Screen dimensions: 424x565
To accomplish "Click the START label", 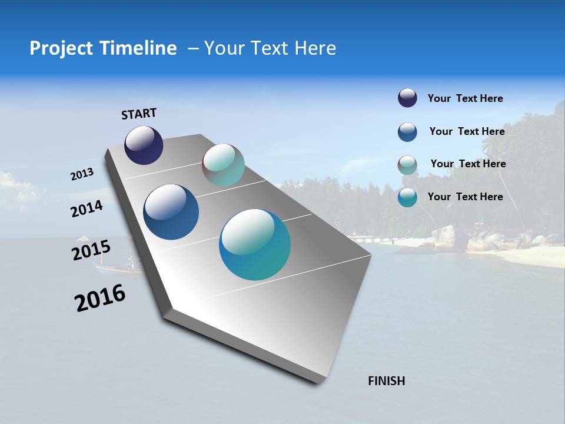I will click(139, 114).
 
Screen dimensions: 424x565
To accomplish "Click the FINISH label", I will click(386, 381).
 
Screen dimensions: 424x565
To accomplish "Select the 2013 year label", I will click(82, 174).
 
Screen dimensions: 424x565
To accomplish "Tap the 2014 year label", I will click(87, 208).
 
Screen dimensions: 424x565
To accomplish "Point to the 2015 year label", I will click(91, 250).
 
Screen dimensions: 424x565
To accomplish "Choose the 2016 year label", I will click(100, 298).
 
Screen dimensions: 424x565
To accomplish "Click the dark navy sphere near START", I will click(144, 145).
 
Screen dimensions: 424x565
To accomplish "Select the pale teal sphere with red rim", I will click(223, 165).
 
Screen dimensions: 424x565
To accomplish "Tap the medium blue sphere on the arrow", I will click(171, 212).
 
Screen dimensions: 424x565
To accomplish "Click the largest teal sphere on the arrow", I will click(255, 244).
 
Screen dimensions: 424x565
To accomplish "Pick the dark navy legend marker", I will click(407, 98).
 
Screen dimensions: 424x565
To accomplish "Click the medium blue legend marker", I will click(407, 132).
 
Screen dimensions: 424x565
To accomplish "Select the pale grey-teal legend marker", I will click(407, 165).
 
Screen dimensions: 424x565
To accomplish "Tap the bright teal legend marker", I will click(407, 197).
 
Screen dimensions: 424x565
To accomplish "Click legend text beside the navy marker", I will click(465, 98).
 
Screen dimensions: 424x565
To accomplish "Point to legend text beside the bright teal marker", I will click(465, 197).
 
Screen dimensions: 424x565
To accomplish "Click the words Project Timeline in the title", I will click(103, 48).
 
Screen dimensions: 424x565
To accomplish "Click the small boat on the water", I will click(118, 267).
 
